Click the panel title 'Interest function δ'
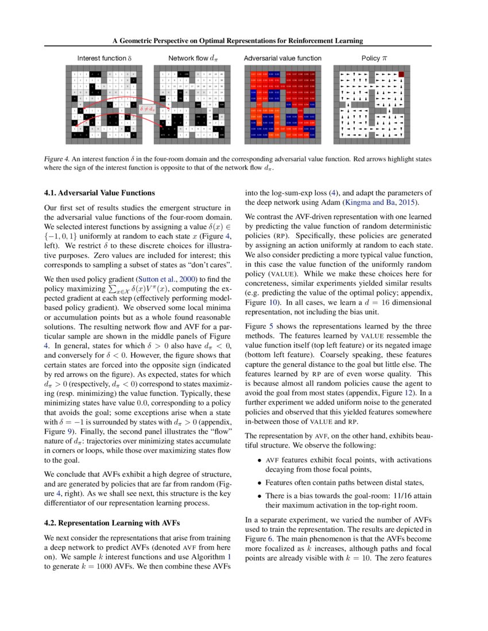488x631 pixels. click(x=105, y=58)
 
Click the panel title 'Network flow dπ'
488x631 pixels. click(x=192, y=58)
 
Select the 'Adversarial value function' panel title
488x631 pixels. click(x=282, y=58)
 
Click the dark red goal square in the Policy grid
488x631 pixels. click(x=402, y=75)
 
